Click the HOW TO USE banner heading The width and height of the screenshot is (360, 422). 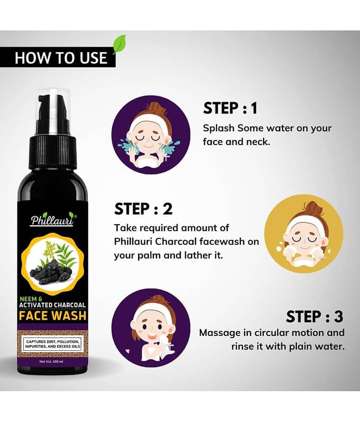point(61,57)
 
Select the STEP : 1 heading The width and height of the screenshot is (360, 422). point(230,108)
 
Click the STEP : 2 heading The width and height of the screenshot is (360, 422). point(143,208)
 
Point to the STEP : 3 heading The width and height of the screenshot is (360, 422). point(315,316)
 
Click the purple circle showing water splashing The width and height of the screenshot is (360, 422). point(151,135)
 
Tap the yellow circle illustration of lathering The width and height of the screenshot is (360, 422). point(304,234)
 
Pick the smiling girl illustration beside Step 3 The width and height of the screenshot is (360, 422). point(151,328)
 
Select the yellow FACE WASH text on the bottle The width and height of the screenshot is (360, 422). point(53,315)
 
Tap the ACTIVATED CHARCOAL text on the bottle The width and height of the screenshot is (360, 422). point(52,305)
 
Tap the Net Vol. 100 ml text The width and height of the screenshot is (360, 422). point(51,361)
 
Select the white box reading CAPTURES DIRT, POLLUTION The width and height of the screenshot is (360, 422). point(53,344)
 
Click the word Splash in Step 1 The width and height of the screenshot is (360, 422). point(219,129)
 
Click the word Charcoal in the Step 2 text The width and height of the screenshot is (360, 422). point(176,242)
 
